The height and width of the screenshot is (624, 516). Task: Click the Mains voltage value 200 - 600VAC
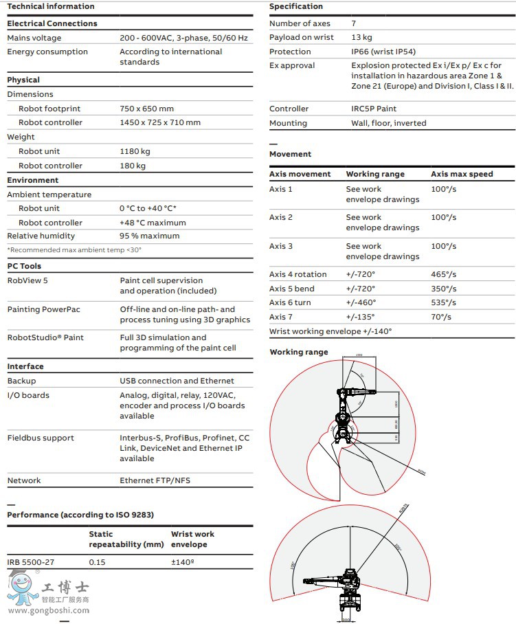click(x=183, y=38)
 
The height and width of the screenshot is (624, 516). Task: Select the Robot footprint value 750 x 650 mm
click(x=146, y=109)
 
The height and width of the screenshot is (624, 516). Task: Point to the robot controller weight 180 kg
click(x=133, y=166)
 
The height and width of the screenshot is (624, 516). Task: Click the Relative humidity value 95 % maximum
click(x=149, y=236)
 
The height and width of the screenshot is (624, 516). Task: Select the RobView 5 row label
click(x=27, y=280)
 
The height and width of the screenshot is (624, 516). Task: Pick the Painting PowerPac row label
click(x=43, y=309)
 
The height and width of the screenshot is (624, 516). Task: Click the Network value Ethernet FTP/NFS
click(x=155, y=480)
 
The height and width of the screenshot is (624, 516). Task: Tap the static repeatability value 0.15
click(x=97, y=562)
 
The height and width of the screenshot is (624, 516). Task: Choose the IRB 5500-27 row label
click(x=31, y=562)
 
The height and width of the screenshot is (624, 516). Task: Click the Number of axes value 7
click(x=354, y=23)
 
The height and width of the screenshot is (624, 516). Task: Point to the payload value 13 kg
click(x=361, y=37)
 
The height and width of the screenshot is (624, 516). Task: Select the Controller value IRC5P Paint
click(x=374, y=109)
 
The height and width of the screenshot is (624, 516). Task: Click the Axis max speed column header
click(x=462, y=174)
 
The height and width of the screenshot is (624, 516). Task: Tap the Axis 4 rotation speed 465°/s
click(x=443, y=274)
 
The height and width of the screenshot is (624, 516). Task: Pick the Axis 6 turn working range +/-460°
click(x=361, y=302)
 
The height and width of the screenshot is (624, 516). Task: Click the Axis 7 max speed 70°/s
click(x=441, y=317)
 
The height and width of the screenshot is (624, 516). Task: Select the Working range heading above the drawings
click(x=299, y=352)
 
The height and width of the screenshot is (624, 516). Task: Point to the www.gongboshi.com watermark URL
click(x=49, y=610)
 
